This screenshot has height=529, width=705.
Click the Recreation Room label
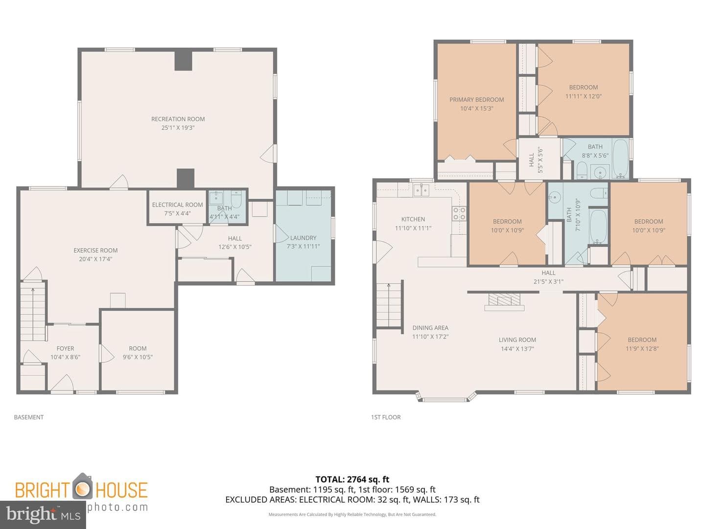178,119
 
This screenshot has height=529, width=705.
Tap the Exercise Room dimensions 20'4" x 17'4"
95,259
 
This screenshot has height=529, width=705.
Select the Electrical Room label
177,205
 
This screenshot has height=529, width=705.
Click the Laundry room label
303,238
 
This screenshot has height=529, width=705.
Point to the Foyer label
65,348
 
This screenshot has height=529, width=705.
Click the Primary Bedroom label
477,99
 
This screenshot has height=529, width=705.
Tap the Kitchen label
413,219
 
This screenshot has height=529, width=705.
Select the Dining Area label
430,328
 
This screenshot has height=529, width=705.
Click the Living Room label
517,339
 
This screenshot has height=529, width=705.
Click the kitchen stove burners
459,214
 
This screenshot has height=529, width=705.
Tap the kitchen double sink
421,191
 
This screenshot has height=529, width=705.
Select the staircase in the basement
33,311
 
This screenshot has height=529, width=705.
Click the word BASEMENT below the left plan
28,417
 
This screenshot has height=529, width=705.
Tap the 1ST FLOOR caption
386,417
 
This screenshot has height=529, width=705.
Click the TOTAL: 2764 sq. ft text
352,480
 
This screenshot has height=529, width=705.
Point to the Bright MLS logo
43,515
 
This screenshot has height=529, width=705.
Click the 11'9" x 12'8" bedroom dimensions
642,348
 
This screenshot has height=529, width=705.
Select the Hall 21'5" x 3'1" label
548,277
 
